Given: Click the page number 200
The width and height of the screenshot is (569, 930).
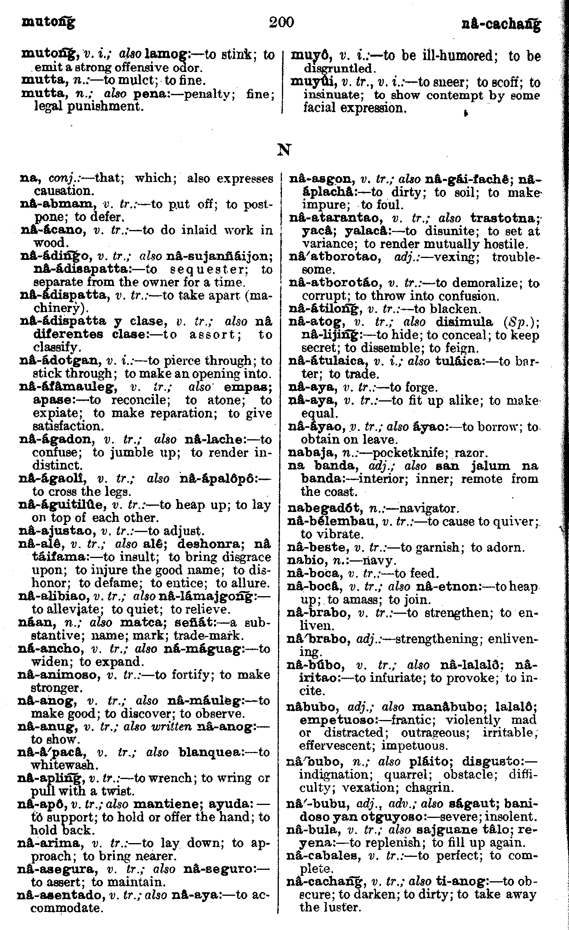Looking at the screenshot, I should pyautogui.click(x=282, y=22).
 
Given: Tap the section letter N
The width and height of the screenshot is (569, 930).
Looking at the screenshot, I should pyautogui.click(x=284, y=150).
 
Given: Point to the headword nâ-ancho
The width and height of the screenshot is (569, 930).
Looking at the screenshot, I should pyautogui.click(x=50, y=649).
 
